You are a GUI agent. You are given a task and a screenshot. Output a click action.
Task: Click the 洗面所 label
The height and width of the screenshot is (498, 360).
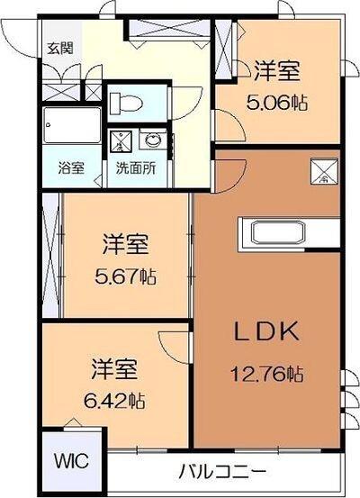[133, 167]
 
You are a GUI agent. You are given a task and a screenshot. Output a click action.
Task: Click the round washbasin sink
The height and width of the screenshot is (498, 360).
[153, 140]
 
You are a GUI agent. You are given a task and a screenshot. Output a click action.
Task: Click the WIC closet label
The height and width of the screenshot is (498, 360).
[70, 462]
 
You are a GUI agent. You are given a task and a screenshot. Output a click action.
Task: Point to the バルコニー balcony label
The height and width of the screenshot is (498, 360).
[222, 471]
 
